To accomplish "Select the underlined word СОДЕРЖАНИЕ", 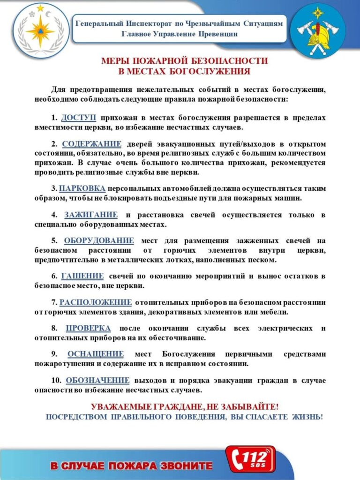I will pos(92,144).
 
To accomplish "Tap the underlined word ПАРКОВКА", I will pos(82,188).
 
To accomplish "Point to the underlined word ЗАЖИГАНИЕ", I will pos(91,215).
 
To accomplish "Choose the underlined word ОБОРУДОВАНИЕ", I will pos(99,241).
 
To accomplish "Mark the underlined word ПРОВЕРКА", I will pos(89,328).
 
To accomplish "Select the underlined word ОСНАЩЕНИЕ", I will pos(96,354).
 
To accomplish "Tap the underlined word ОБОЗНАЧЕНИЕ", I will pos(97,380).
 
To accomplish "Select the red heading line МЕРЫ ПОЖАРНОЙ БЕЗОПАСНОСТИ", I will pos(184,61).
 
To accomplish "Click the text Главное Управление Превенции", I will pos(180,34).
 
